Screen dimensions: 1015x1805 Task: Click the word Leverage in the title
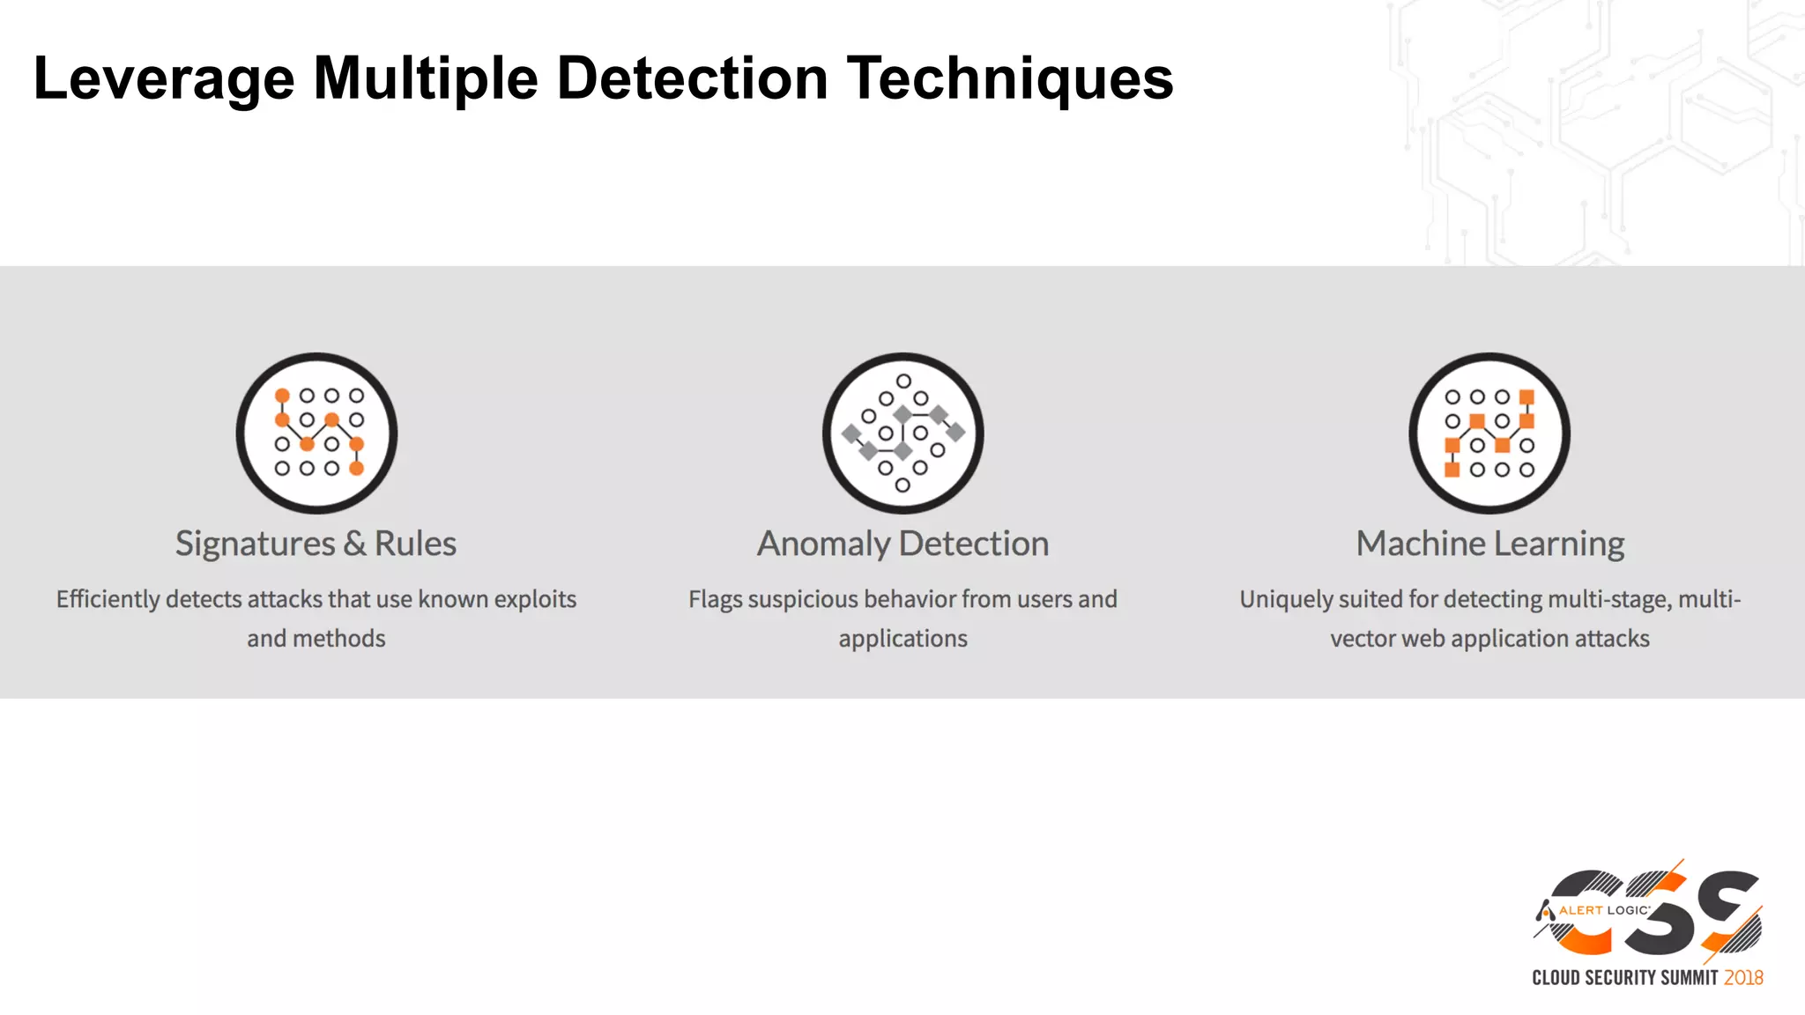point(164,79)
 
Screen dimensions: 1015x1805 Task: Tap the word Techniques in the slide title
point(1010,79)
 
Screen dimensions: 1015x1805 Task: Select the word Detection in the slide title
point(693,79)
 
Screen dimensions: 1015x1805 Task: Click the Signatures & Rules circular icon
point(316,433)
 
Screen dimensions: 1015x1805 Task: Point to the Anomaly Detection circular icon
point(902,433)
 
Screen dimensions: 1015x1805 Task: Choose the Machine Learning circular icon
point(1489,433)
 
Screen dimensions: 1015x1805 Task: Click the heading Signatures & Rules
point(316,544)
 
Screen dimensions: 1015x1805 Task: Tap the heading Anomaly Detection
point(902,544)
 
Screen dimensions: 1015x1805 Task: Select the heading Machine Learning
point(1489,544)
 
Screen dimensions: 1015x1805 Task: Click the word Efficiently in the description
point(108,599)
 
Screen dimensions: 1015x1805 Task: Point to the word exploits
point(534,599)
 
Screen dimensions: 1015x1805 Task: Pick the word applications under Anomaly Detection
point(902,639)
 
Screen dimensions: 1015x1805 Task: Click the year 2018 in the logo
point(1743,978)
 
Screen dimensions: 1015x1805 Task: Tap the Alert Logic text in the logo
point(1603,910)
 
